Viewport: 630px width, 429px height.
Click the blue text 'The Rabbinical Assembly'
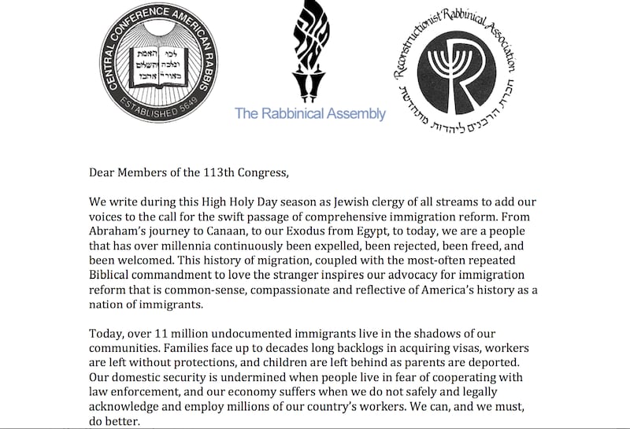click(x=310, y=113)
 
